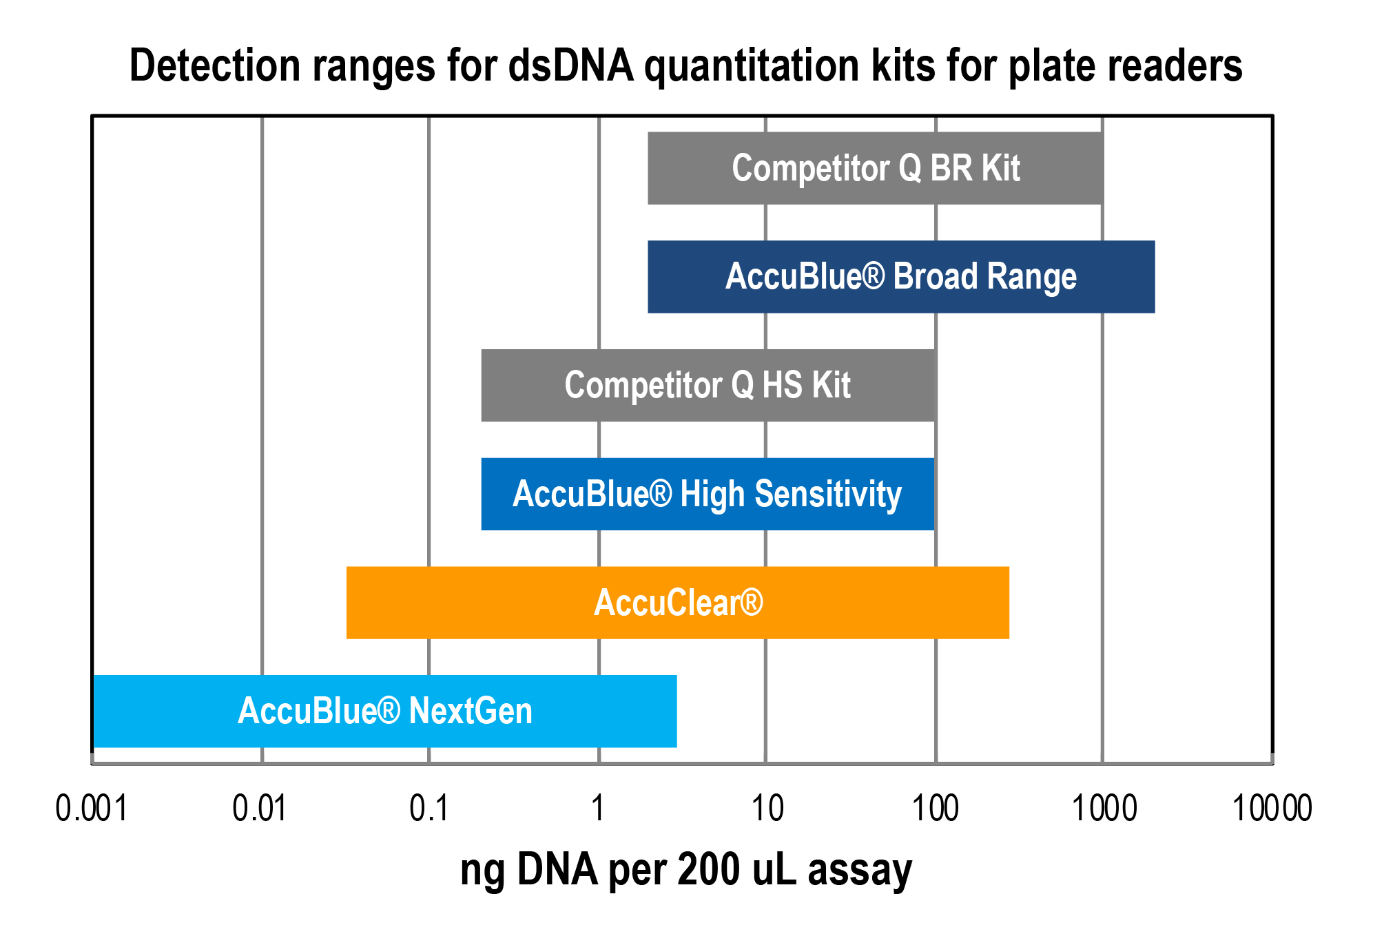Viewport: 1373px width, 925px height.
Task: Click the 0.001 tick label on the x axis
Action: (x=92, y=809)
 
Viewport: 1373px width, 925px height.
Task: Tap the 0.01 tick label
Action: (x=260, y=809)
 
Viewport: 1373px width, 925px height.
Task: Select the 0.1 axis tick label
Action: (x=429, y=809)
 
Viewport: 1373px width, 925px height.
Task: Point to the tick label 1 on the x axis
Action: (x=598, y=809)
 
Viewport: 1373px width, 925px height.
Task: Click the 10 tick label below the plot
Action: (x=767, y=809)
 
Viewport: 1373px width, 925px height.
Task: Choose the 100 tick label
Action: (x=935, y=809)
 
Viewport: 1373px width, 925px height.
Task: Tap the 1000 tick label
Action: (x=1104, y=809)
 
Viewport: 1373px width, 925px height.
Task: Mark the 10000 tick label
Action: (x=1272, y=809)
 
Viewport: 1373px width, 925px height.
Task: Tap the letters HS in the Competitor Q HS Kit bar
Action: (x=782, y=385)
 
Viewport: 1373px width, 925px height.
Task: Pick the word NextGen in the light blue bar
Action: (x=471, y=711)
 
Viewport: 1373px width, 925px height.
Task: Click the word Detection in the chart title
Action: (x=215, y=66)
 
